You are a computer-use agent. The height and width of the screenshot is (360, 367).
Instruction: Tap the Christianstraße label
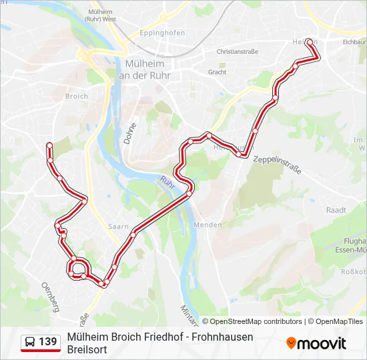(x=236, y=51)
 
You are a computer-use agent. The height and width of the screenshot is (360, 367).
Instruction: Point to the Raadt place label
(x=336, y=209)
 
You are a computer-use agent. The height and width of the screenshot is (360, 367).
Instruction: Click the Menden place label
(x=208, y=225)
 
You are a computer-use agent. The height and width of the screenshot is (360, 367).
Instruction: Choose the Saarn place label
(x=118, y=227)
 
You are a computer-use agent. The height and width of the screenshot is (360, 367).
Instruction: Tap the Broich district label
(x=77, y=96)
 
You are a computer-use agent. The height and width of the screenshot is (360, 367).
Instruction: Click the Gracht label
(x=217, y=72)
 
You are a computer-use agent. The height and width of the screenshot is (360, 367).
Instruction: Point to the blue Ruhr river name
(x=167, y=181)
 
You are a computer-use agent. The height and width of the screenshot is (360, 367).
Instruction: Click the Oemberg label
(x=51, y=296)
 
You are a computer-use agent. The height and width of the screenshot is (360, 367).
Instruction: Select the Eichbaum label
(x=354, y=41)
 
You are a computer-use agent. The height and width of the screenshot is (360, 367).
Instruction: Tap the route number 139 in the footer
(x=47, y=342)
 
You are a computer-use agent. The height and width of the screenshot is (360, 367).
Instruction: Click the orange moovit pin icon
(x=291, y=343)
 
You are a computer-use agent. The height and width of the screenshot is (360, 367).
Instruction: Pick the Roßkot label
(x=354, y=271)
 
